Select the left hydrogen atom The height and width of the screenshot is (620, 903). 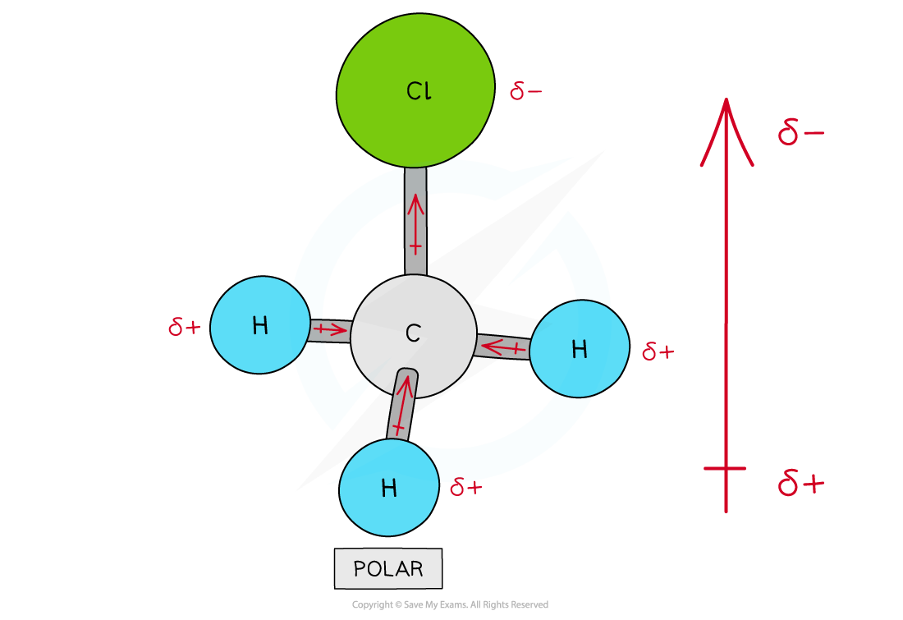(x=259, y=326)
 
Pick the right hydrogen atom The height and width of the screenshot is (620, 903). (x=580, y=350)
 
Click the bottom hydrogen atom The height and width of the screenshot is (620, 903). (x=389, y=488)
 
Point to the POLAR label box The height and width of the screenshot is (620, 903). (x=388, y=568)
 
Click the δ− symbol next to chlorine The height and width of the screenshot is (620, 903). (x=525, y=90)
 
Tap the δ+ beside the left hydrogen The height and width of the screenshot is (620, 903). (x=184, y=328)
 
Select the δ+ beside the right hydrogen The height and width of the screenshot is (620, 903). (x=658, y=352)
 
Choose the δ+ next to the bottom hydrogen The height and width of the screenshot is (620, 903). (x=465, y=487)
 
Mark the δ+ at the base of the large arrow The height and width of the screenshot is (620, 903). (x=800, y=483)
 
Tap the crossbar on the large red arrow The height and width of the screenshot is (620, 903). (x=726, y=468)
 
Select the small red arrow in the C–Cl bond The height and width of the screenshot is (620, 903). (x=416, y=222)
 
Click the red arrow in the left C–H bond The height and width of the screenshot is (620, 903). (x=329, y=330)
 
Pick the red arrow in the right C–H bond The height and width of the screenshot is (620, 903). (x=502, y=348)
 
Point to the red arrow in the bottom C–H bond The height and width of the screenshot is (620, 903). (x=401, y=406)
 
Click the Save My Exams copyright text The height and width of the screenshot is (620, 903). (x=450, y=605)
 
